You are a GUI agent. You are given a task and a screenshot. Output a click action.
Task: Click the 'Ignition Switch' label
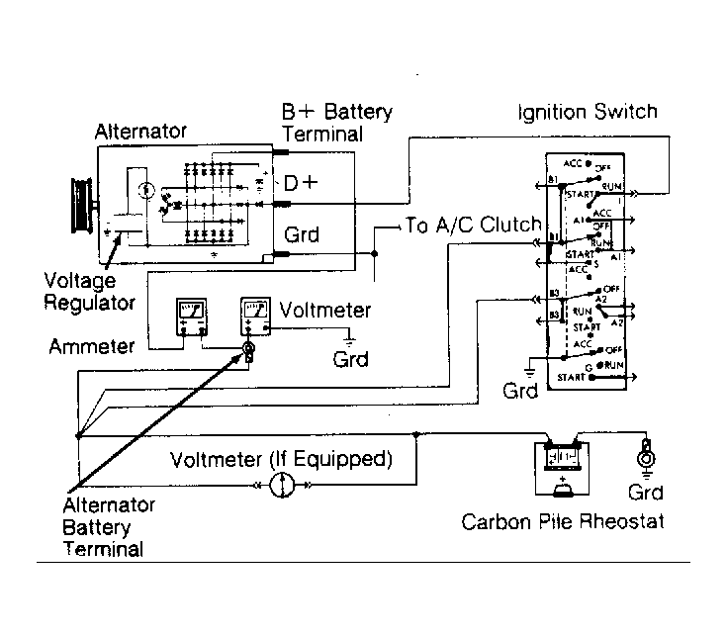587,112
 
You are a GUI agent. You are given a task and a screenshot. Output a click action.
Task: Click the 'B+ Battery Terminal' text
336,123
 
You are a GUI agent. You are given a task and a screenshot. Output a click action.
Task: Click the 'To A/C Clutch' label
473,226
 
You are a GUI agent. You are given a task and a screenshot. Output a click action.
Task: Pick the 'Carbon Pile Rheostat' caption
562,521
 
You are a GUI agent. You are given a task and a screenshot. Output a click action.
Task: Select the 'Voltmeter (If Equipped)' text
281,460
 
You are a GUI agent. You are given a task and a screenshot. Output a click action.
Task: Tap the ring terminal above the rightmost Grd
648,458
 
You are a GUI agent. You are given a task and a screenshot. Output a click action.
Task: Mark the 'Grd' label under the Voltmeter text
351,358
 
